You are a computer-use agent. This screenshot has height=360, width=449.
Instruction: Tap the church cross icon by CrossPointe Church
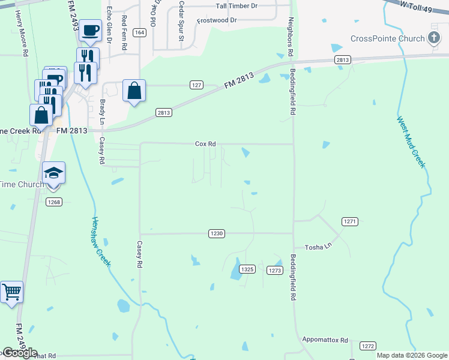click(x=434, y=38)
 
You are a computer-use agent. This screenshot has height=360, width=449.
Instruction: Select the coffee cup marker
click(x=90, y=30)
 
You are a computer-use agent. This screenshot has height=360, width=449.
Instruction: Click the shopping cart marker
click(x=11, y=292)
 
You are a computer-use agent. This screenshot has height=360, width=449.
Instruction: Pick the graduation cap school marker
click(x=54, y=173)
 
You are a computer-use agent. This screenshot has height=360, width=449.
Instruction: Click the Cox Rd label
click(x=205, y=144)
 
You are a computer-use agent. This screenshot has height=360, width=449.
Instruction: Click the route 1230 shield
click(x=217, y=233)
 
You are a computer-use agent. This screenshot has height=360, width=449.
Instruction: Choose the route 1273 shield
click(x=274, y=271)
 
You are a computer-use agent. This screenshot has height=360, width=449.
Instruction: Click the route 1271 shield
click(x=350, y=222)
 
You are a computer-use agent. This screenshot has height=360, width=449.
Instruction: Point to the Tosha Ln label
click(x=318, y=247)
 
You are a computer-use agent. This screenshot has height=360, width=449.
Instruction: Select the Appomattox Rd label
click(x=325, y=340)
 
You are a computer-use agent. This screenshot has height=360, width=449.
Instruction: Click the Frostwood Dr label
click(x=217, y=20)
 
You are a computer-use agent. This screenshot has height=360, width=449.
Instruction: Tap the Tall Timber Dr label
click(x=237, y=6)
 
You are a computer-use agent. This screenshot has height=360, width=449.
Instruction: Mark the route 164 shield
click(x=139, y=32)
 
